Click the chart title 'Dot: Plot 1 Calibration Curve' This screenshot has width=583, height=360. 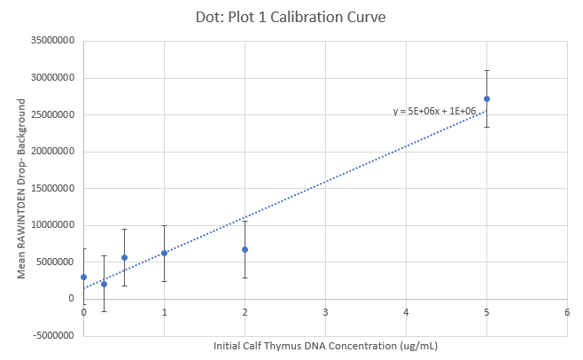coord(291,17)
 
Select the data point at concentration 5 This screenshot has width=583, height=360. coord(486,98)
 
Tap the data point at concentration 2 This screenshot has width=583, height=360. coord(245,249)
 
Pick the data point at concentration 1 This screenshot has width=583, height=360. coord(164,253)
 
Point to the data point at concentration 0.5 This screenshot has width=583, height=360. coord(124,257)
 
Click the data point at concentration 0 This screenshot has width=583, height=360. coord(83,277)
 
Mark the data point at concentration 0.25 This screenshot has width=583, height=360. coord(104,284)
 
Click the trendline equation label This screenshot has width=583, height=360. coord(434,111)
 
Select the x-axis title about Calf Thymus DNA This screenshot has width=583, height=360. coord(325,345)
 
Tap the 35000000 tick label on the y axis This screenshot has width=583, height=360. coord(51,41)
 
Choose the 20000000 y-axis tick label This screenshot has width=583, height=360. coord(51,152)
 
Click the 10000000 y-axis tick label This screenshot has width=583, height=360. coord(51,225)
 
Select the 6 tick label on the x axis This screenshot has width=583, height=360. coord(567,312)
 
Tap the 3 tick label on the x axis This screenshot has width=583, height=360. coord(325,312)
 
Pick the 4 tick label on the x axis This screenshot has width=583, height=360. coord(406,312)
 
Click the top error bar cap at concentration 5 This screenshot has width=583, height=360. coord(486,70)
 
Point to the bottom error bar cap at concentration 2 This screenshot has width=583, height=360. coord(245,278)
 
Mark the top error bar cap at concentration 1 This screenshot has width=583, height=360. coord(164,225)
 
